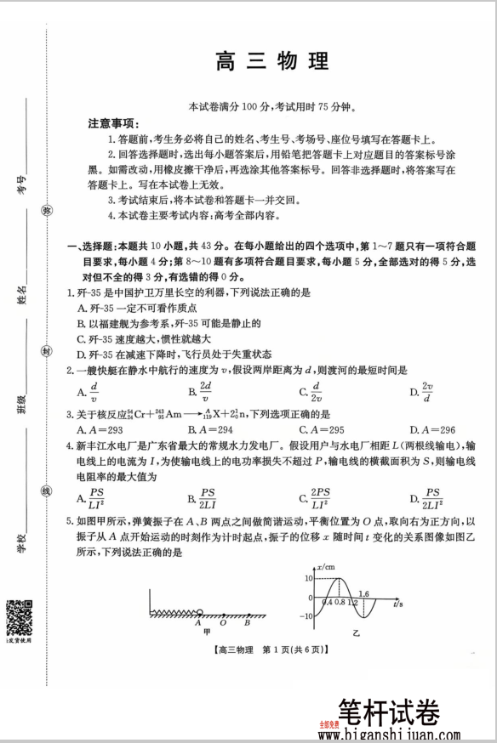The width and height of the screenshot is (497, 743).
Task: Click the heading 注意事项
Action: click(x=113, y=123)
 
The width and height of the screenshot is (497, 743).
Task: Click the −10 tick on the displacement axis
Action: click(x=305, y=617)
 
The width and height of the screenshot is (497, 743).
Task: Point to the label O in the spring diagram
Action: click(x=221, y=621)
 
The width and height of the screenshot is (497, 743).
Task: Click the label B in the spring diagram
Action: click(x=246, y=621)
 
